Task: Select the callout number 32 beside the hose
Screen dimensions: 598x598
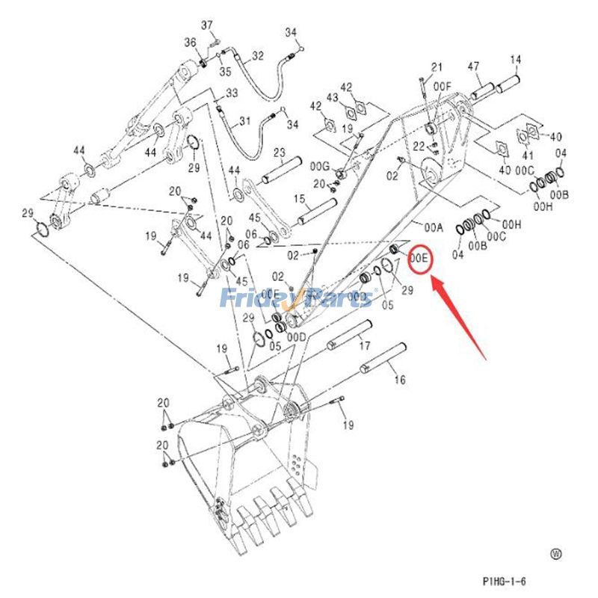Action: click(258, 56)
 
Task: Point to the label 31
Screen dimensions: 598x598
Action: click(245, 122)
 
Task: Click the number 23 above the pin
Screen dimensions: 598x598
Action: click(279, 152)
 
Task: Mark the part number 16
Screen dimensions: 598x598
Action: click(400, 380)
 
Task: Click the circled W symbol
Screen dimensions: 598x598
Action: click(555, 554)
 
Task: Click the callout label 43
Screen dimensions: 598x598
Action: click(332, 98)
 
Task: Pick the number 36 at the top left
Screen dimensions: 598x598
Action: click(190, 42)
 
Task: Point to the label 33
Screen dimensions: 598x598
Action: click(231, 93)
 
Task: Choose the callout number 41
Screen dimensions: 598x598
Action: click(528, 155)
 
